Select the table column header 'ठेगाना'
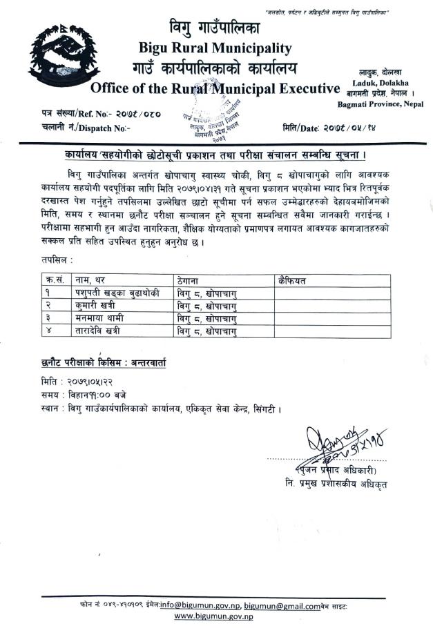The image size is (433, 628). tap(188, 280)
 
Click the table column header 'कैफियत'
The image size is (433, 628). tap(292, 280)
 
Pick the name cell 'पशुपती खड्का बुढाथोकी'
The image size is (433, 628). tap(117, 293)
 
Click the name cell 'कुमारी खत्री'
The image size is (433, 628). tap(97, 306)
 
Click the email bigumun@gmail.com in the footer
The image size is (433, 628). tap(282, 605)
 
